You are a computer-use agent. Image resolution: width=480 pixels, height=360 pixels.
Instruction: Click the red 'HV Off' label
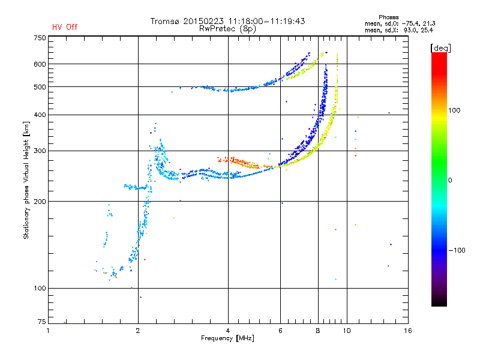65,27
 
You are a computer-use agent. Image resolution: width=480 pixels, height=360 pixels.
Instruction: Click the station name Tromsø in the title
165,21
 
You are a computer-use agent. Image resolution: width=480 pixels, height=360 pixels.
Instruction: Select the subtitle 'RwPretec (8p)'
227,29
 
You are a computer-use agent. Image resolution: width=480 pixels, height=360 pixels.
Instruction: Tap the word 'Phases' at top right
388,17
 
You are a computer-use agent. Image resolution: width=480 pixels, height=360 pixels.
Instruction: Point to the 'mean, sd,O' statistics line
400,23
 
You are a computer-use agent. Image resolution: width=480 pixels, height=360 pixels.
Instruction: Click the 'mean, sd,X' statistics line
399,30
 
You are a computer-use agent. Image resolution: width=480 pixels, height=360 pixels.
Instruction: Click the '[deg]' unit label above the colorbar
440,48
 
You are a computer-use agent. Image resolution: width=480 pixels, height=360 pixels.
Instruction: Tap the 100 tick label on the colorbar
454,110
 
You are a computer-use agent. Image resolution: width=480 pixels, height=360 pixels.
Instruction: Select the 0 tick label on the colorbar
450,180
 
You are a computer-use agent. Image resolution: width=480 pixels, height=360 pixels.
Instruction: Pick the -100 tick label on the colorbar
457,250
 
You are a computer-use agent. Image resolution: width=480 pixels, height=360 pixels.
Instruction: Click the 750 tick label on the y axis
40,38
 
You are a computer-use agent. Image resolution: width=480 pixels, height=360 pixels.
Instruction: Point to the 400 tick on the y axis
40,115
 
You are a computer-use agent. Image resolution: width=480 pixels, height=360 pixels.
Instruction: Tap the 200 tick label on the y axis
40,202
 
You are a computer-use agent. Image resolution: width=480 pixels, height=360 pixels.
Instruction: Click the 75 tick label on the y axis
41,322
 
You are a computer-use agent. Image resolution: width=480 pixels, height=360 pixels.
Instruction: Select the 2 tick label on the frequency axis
138,331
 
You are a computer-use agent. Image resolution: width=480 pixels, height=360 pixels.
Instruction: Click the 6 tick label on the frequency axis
280,331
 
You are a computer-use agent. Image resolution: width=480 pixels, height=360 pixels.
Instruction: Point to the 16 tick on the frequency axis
408,331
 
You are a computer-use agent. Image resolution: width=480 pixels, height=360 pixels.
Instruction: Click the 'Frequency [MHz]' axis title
227,338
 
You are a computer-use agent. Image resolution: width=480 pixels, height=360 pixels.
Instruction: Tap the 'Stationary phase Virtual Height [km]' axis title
26,180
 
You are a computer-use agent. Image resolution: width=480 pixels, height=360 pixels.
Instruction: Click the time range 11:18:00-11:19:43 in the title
266,21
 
